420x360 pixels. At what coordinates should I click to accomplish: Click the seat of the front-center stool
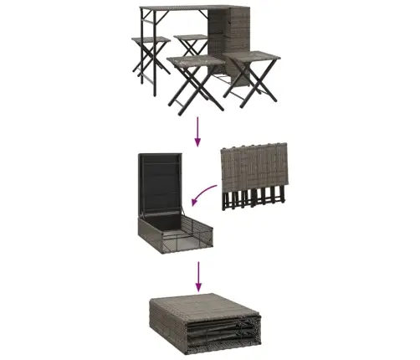pyautogui.click(x=194, y=61)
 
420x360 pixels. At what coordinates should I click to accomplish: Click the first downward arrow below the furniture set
pyautogui.click(x=198, y=130)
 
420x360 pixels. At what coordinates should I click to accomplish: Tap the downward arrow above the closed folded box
pyautogui.click(x=198, y=274)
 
